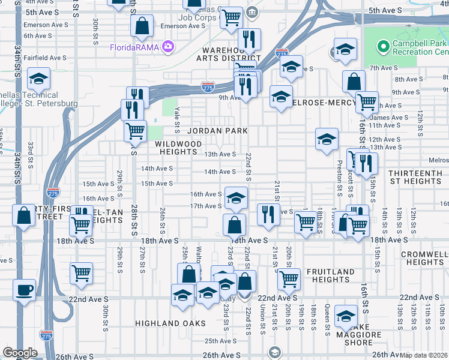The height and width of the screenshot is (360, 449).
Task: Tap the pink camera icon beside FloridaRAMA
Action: pyautogui.click(x=167, y=46)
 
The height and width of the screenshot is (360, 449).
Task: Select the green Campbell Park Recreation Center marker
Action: pyautogui.click(x=382, y=46)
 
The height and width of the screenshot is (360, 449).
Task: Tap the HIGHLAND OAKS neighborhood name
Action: pyautogui.click(x=170, y=323)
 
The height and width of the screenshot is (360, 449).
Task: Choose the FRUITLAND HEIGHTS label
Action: pyautogui.click(x=330, y=276)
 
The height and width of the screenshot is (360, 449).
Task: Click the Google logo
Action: pyautogui.click(x=20, y=353)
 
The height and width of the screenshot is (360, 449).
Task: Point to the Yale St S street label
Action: pyautogui.click(x=177, y=120)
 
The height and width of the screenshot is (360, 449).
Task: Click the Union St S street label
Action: pyautogui.click(x=262, y=319)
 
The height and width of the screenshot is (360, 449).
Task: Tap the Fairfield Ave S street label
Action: pyautogui.click(x=45, y=58)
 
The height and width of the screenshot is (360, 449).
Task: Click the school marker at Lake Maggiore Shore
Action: pyautogui.click(x=346, y=315)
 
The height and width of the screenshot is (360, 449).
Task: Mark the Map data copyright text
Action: pyautogui.click(x=424, y=355)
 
